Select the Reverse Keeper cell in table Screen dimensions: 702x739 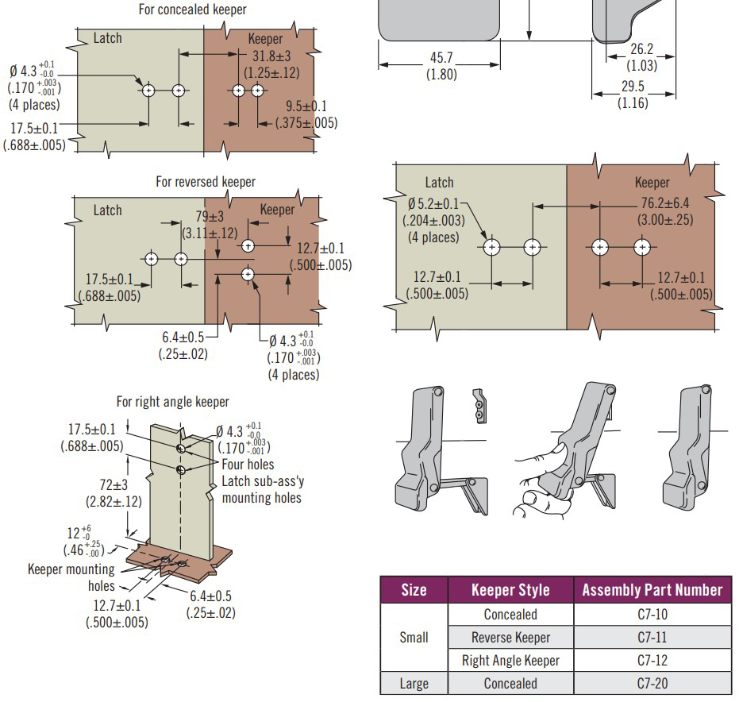(510, 638)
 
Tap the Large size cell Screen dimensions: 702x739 (414, 684)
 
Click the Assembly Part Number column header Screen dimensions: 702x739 (652, 590)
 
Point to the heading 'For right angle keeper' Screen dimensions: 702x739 (172, 402)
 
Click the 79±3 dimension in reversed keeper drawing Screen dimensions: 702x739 (209, 217)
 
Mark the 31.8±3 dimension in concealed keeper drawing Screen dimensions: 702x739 (271, 57)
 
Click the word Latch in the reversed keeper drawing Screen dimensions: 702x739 (108, 210)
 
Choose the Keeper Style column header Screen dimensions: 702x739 (510, 590)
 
